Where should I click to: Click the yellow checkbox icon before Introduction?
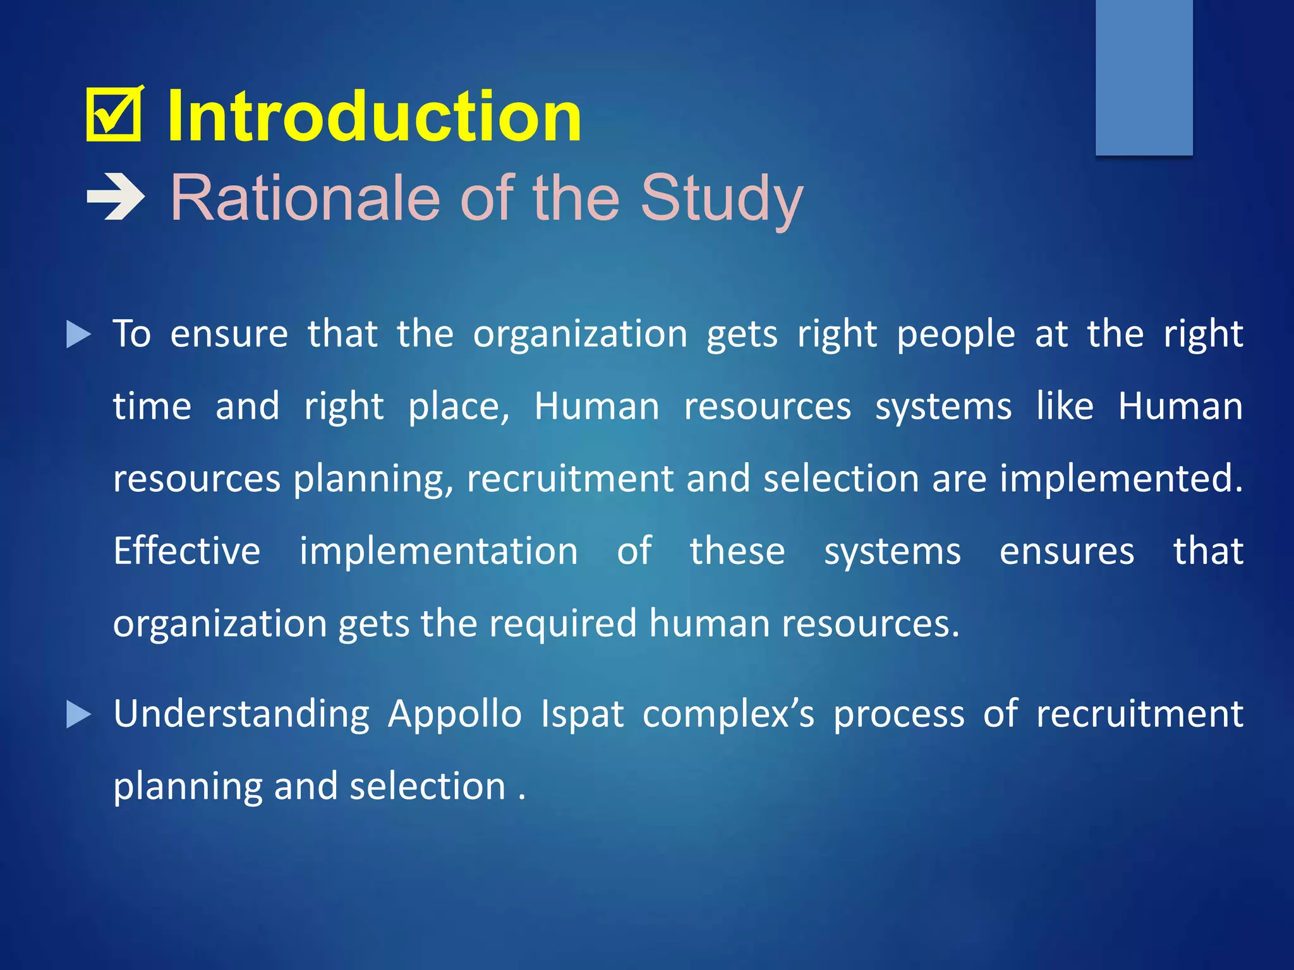(x=114, y=114)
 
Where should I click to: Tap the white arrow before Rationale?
(x=116, y=198)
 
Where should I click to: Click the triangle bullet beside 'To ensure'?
(x=78, y=334)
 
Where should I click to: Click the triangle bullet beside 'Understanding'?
(x=78, y=714)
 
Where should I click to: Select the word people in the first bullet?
(x=955, y=334)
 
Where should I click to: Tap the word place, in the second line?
(x=459, y=407)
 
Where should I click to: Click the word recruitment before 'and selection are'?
(x=570, y=478)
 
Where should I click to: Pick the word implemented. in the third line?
(x=1121, y=478)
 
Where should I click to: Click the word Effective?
(x=187, y=551)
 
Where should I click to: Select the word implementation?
(x=438, y=551)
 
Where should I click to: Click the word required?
(x=562, y=623)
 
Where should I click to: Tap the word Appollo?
(x=455, y=714)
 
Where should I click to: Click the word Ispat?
(x=582, y=714)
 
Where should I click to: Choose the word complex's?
(x=729, y=714)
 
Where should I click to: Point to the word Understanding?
(x=241, y=714)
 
